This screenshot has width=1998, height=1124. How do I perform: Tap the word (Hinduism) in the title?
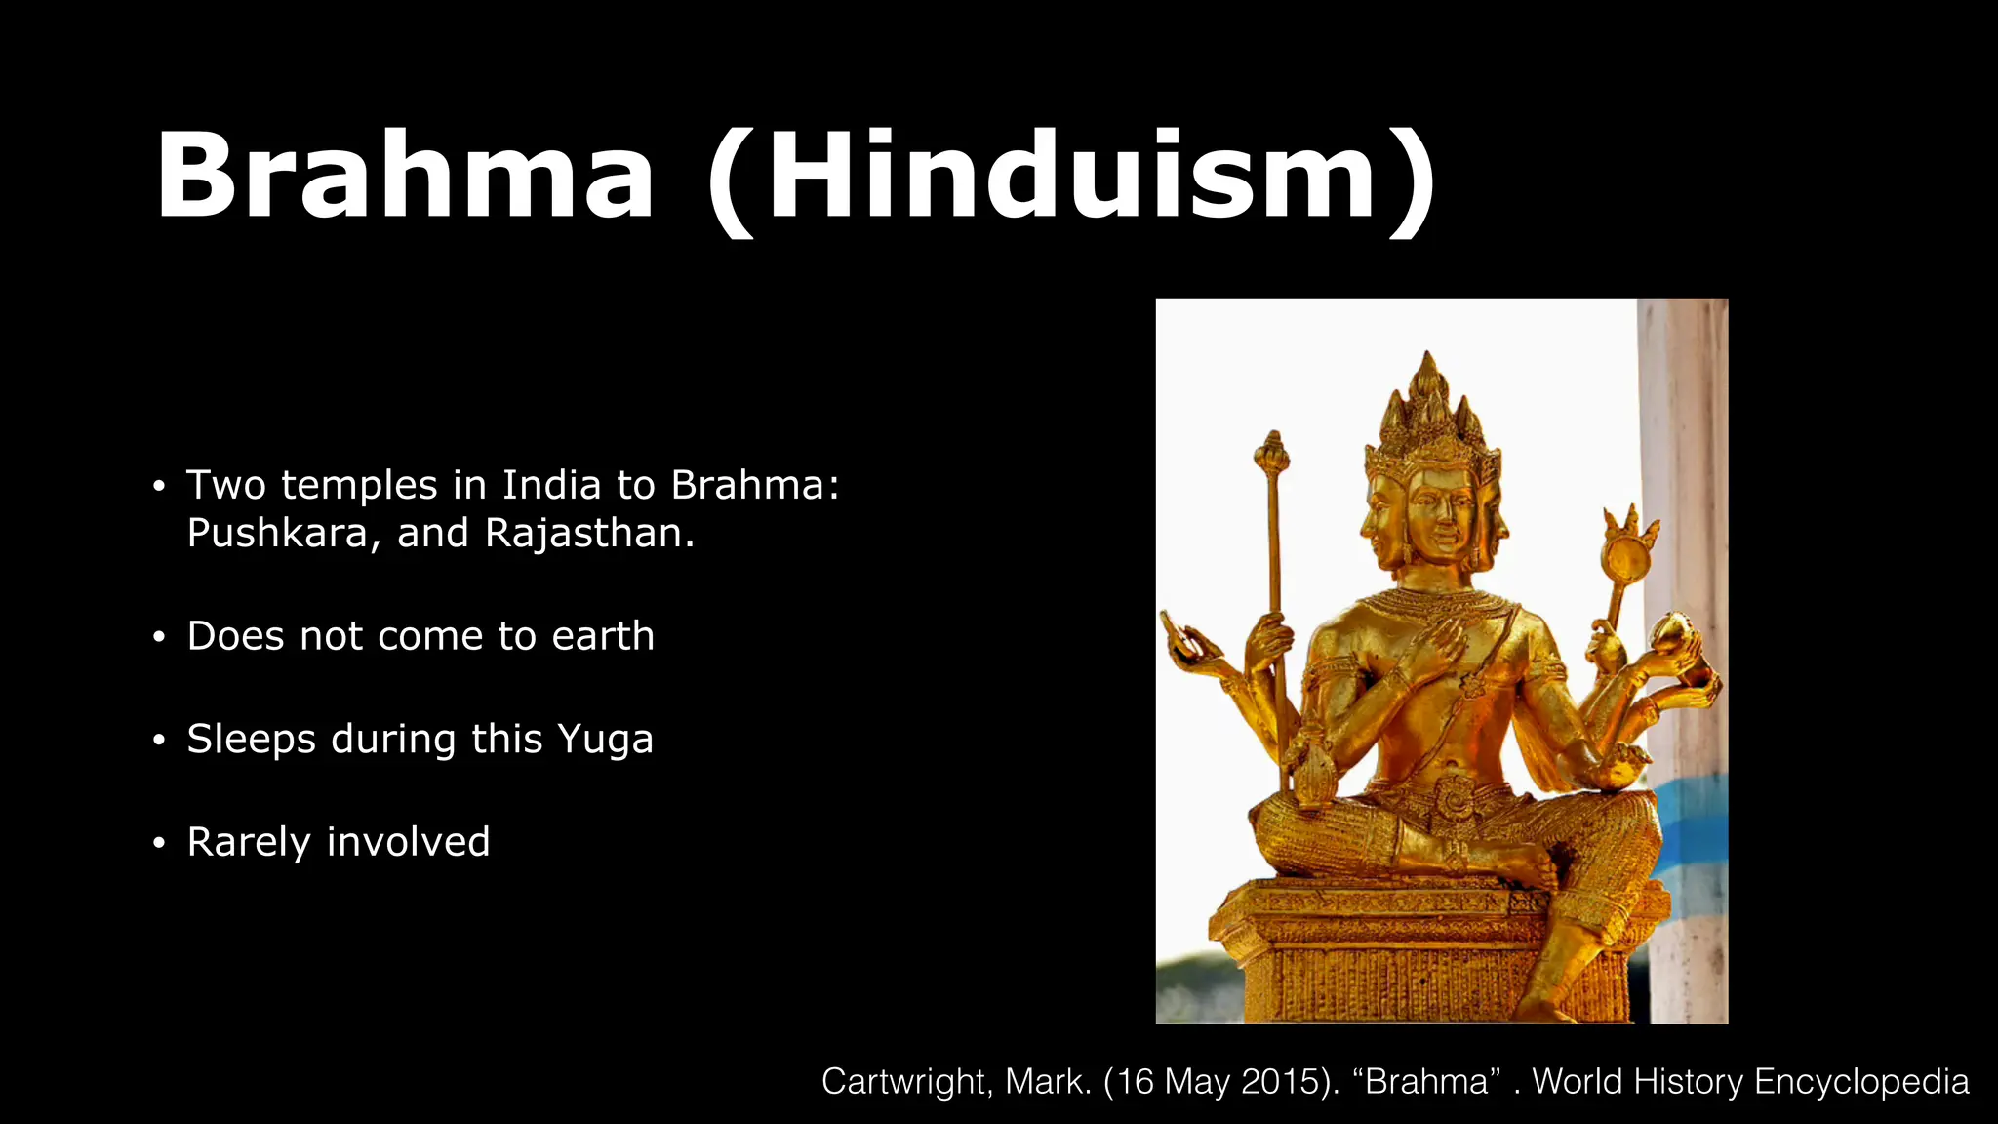pyautogui.click(x=1071, y=181)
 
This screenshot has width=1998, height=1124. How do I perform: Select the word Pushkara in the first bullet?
pyautogui.click(x=278, y=534)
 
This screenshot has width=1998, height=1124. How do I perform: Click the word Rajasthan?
pyautogui.click(x=588, y=534)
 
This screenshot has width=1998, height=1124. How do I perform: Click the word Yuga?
pyautogui.click(x=605, y=740)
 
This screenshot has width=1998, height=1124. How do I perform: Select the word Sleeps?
pyautogui.click(x=251, y=740)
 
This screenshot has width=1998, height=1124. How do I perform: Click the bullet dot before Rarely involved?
pyautogui.click(x=160, y=843)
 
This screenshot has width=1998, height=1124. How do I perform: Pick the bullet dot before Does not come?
pyautogui.click(x=160, y=637)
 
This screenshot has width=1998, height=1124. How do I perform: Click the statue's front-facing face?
pyautogui.click(x=1440, y=520)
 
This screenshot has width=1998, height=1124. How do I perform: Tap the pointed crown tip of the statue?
pyautogui.click(x=1429, y=359)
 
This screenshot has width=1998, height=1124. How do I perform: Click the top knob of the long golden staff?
pyautogui.click(x=1272, y=450)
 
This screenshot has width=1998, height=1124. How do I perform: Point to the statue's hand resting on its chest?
pyautogui.click(x=1434, y=645)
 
